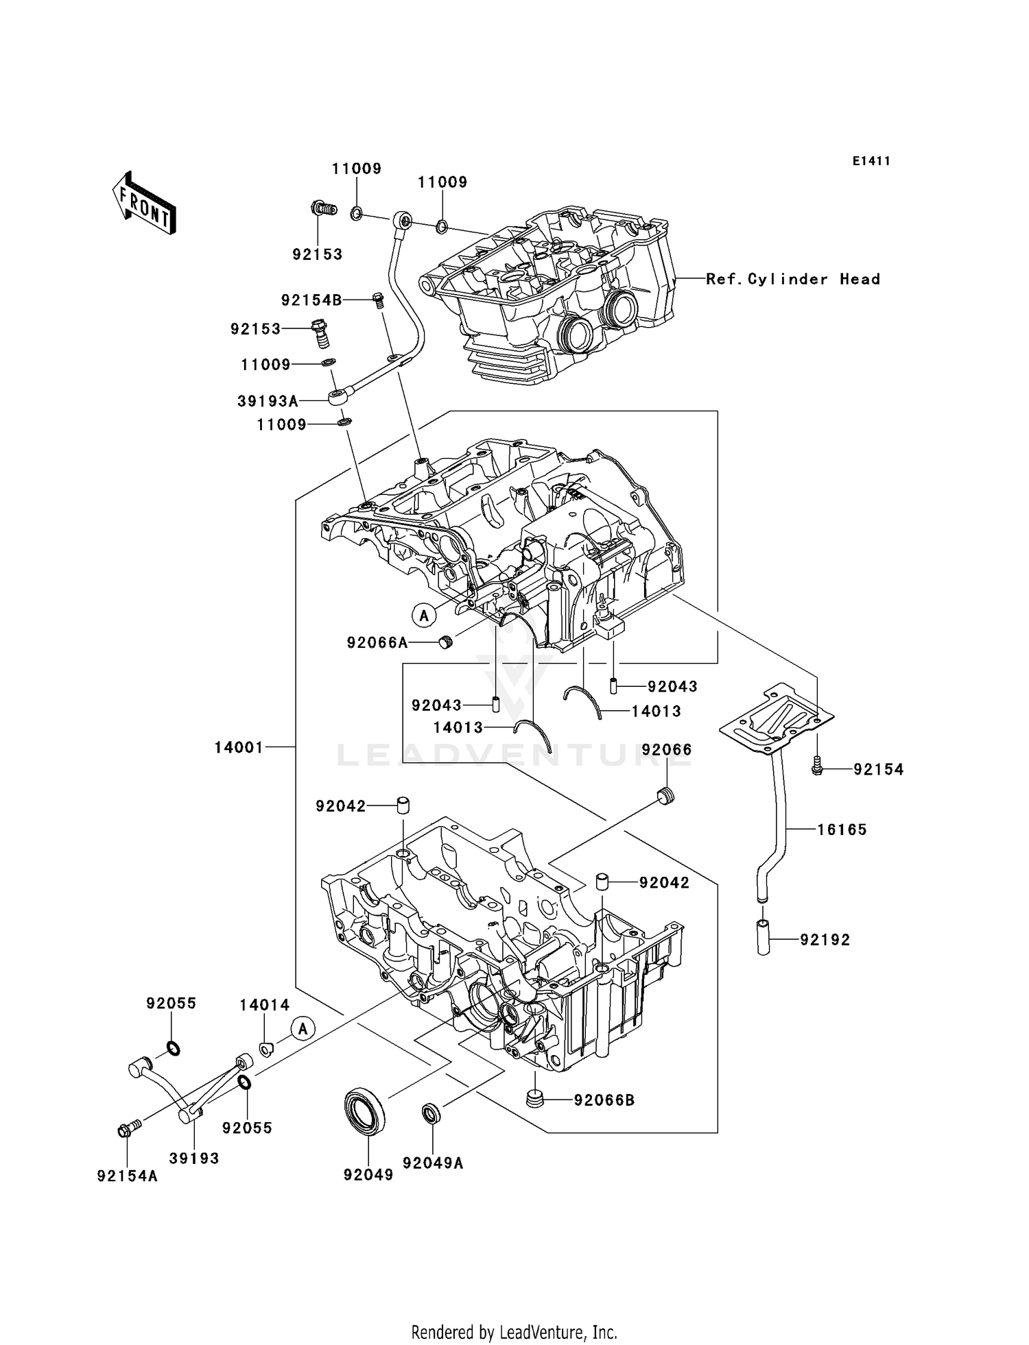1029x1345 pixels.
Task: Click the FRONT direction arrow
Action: pos(145,204)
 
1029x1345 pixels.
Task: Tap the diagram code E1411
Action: pos(871,161)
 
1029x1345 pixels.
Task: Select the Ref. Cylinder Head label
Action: pos(793,279)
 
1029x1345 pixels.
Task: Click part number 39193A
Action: pos(268,401)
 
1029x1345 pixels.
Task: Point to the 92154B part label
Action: pos(311,300)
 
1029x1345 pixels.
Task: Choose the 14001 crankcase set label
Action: pos(239,747)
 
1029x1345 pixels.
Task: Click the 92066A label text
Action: pos(377,642)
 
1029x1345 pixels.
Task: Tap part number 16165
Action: pos(842,829)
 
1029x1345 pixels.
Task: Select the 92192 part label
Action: pos(825,940)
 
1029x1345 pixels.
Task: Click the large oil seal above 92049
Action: pos(365,1110)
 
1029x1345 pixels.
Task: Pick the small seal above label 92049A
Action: pos(430,1114)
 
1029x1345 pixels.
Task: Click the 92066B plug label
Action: pos(604,1100)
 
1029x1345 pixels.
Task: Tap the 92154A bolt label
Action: pos(128,1176)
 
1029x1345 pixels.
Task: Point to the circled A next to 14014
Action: pos(303,1028)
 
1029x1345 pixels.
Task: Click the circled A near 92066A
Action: pos(424,615)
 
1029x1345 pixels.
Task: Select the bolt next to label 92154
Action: pos(816,767)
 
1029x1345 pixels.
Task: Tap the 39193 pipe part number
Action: pos(194,1158)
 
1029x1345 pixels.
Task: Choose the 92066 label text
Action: pos(667,749)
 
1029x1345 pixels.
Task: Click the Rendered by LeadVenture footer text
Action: pos(514,1332)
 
